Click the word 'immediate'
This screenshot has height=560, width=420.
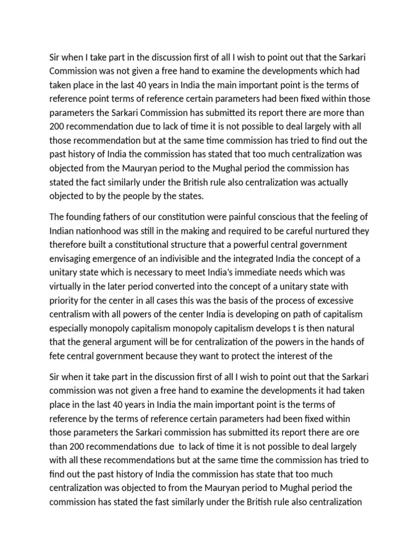pyautogui.click(x=243, y=272)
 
